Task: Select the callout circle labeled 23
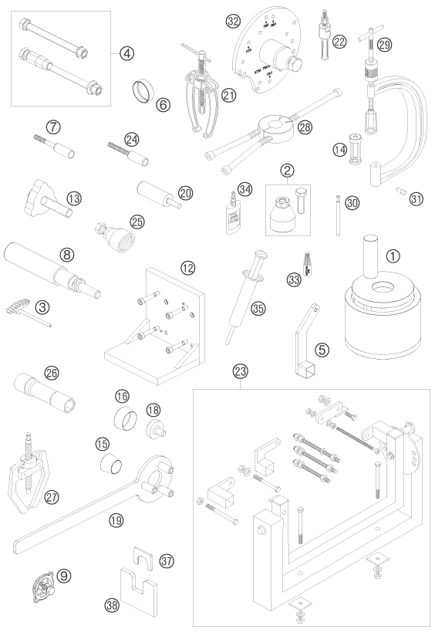point(241,370)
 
